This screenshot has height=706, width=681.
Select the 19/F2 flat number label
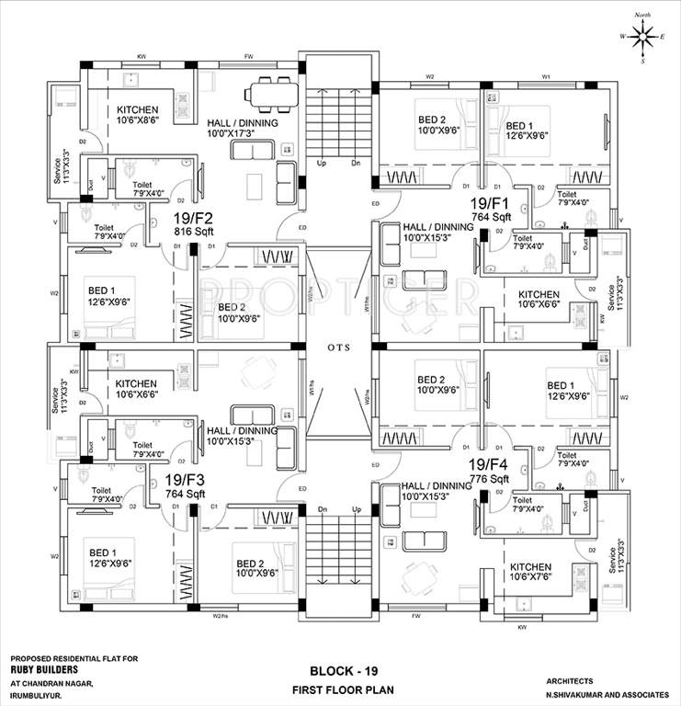tap(193, 219)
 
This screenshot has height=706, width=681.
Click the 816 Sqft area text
tap(193, 232)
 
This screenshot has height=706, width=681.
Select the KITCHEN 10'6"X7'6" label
tap(530, 573)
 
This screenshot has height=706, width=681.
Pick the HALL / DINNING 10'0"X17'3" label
tap(242, 129)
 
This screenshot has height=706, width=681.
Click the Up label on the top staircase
tap(321, 164)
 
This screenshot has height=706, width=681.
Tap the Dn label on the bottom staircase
tap(323, 509)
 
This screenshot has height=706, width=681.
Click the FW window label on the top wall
tap(249, 57)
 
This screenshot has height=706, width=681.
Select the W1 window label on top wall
tap(546, 76)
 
